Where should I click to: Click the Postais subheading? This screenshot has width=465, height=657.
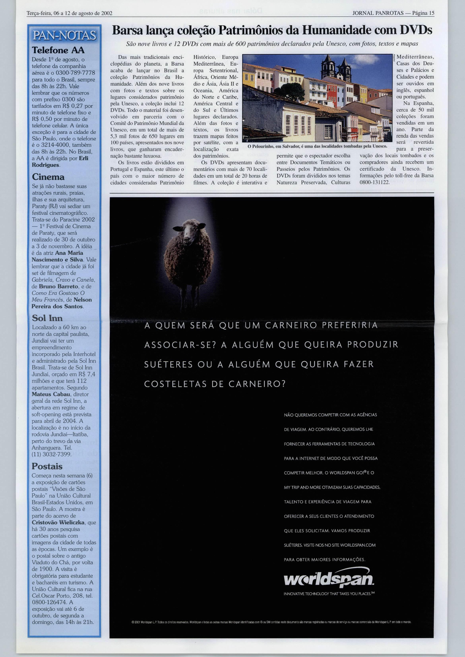[x=47, y=442]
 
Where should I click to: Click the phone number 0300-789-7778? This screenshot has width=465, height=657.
[x=75, y=73]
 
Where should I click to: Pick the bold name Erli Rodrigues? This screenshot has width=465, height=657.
[x=60, y=162]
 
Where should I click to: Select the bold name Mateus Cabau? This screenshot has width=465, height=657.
[x=51, y=394]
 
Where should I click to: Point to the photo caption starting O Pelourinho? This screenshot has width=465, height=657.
[x=317, y=146]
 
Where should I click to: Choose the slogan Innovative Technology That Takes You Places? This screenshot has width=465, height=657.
[x=329, y=593]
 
